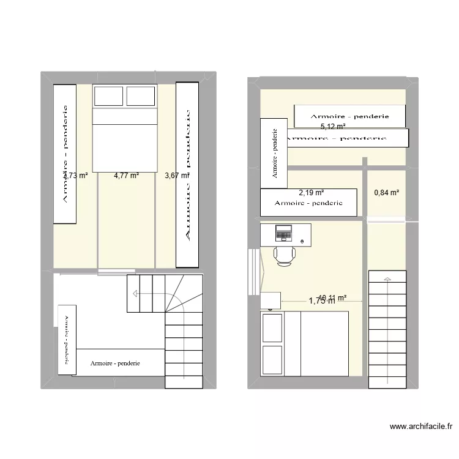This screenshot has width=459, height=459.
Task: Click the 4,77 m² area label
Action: pos(126,176)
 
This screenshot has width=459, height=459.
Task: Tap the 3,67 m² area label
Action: pos(176,176)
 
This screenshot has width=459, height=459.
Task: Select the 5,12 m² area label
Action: pos(333,127)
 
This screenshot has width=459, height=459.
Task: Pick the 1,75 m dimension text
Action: pos(323,300)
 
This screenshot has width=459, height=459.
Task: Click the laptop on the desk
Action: pos(284,233)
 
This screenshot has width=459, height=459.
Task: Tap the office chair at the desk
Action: pos(285,255)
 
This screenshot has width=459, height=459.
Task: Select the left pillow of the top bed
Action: pos(108,96)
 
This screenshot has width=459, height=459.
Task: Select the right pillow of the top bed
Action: pos(140,96)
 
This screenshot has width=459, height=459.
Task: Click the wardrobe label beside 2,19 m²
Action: pos(308,203)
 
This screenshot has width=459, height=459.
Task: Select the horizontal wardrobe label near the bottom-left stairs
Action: pos(115,364)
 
